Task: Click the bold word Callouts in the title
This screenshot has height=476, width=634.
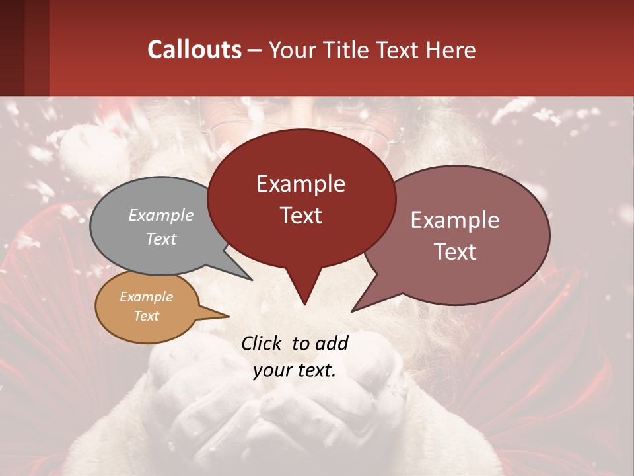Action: [194, 50]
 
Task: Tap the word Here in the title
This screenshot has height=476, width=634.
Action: [452, 50]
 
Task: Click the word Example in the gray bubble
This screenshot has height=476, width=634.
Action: [161, 216]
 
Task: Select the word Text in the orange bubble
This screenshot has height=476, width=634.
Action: [146, 316]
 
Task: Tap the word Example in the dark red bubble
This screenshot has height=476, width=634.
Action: [300, 184]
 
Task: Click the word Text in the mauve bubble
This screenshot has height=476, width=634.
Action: [455, 252]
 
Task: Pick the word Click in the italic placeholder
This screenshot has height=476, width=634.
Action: [262, 343]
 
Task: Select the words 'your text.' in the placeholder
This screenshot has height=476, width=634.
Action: [295, 370]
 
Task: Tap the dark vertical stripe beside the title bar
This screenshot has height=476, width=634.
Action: [36, 48]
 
